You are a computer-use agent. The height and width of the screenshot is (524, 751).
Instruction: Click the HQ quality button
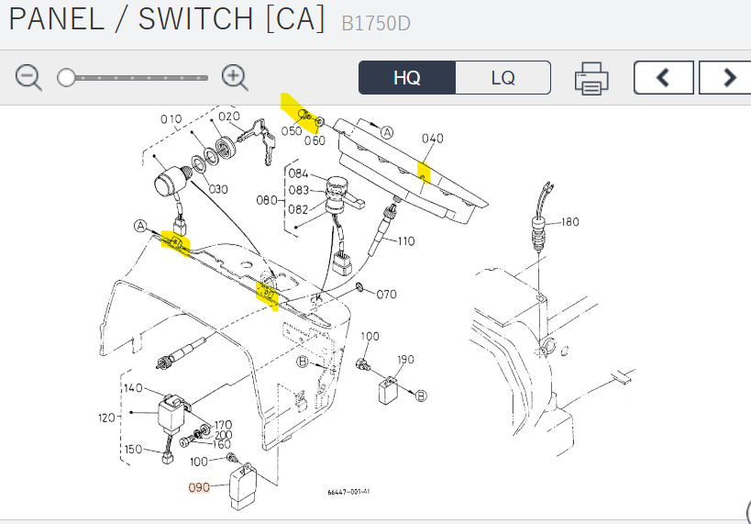click(x=406, y=78)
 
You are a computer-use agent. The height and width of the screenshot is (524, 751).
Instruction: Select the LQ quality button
click(x=503, y=78)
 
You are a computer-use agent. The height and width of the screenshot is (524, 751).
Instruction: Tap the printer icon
click(x=591, y=79)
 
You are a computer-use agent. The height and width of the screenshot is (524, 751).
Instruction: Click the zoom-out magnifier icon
click(x=28, y=78)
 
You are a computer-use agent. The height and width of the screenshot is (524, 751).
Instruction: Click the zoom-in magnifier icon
click(x=235, y=78)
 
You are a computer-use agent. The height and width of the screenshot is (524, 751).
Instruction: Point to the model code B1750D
click(x=376, y=23)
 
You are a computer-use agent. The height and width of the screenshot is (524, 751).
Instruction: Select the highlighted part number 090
click(x=200, y=487)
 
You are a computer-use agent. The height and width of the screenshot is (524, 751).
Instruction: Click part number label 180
click(x=569, y=222)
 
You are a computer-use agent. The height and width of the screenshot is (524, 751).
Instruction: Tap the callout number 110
click(x=405, y=241)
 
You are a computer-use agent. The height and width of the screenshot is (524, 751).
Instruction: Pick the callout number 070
click(x=386, y=295)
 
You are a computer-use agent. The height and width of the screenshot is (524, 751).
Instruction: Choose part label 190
click(x=405, y=359)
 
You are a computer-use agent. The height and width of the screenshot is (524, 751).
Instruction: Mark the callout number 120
click(x=107, y=418)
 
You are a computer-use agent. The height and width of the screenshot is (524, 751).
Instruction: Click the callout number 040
click(x=432, y=139)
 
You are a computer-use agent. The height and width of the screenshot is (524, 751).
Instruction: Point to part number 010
click(x=171, y=119)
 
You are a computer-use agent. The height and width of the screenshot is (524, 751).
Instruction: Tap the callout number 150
click(x=133, y=449)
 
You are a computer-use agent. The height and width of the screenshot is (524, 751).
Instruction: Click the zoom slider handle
click(x=66, y=78)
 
